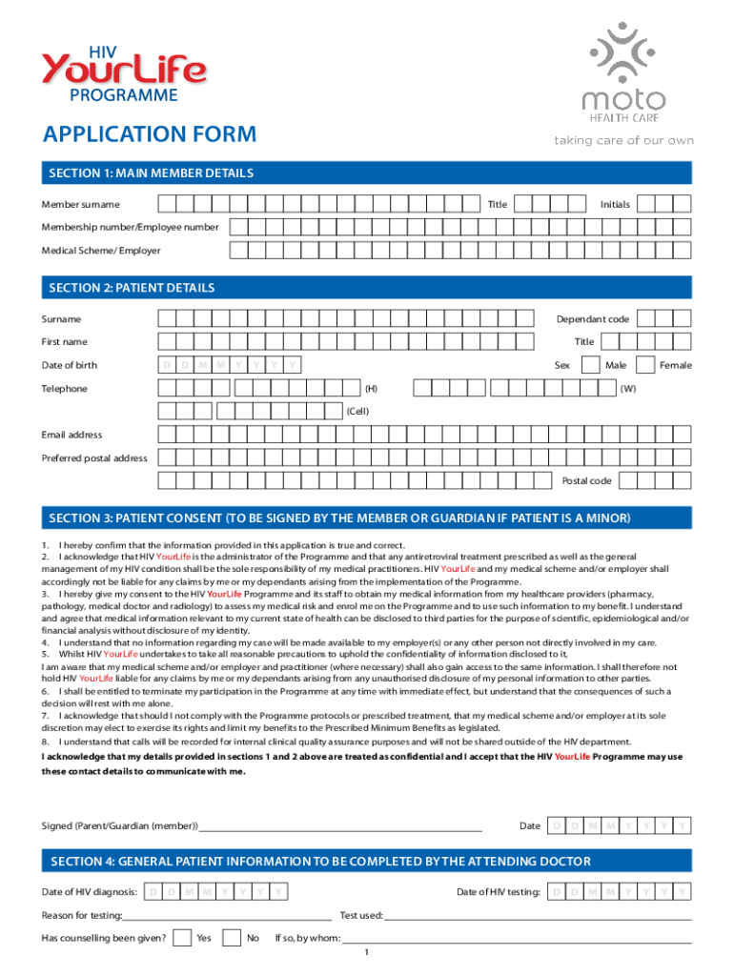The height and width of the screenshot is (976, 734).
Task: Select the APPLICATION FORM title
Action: pos(150,134)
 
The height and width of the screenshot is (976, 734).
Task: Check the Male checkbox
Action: pos(589,364)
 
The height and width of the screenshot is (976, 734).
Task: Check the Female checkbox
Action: pos(645,364)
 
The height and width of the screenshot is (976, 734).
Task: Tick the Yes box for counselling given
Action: pos(182,938)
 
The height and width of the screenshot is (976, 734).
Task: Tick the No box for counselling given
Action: pos(231,938)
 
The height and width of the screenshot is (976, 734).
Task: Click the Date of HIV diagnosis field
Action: pos(219,892)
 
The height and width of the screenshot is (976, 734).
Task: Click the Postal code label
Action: pos(586,480)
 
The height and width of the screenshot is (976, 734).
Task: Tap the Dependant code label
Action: pos(593,319)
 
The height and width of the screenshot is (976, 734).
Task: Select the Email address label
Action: pos(71,435)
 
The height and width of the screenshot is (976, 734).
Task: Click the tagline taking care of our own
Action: pos(623,141)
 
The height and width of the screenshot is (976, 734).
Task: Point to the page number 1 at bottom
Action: pos(366,953)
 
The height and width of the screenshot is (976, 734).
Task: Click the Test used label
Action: pos(361,916)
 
